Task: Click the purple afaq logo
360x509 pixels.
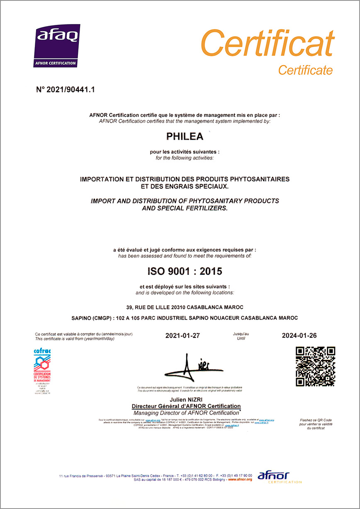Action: (x=57, y=45)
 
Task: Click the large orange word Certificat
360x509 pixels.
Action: (x=268, y=44)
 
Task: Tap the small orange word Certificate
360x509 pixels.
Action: (x=305, y=70)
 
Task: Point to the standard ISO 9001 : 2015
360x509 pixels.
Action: (x=185, y=271)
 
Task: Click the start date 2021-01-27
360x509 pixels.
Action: (x=182, y=335)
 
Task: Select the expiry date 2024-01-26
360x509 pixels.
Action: (x=299, y=335)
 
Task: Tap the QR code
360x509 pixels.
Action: (x=315, y=366)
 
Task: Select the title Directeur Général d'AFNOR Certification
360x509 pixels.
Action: (x=186, y=406)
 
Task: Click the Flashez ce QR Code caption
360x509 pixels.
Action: (x=316, y=420)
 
